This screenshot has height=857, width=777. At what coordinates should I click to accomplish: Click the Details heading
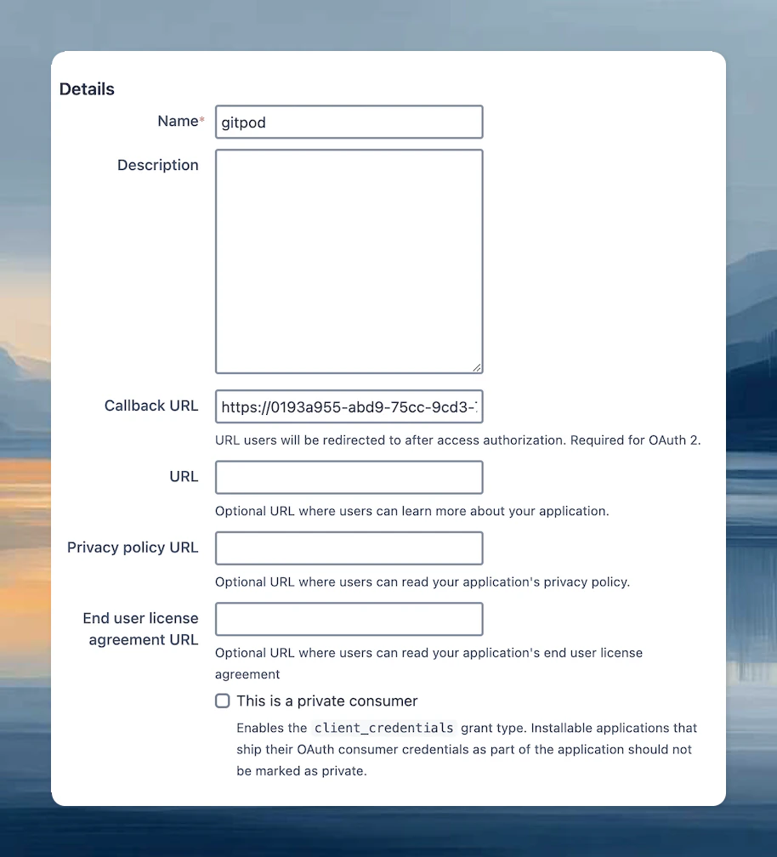[x=87, y=89]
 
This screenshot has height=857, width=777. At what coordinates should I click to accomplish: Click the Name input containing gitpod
[x=349, y=122]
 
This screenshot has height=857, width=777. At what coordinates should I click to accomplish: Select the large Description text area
[x=349, y=261]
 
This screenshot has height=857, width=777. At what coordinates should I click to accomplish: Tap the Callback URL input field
[x=349, y=407]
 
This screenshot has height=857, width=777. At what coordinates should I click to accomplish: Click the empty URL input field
[x=349, y=477]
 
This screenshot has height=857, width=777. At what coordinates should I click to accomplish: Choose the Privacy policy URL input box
[x=349, y=548]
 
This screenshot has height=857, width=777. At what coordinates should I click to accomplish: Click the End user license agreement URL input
[x=349, y=619]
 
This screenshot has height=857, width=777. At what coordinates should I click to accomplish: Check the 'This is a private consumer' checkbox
[x=223, y=701]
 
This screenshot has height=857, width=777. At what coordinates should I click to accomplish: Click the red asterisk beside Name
[x=201, y=122]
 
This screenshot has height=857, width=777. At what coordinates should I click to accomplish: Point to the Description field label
[x=157, y=165]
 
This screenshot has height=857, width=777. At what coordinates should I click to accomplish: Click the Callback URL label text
[x=151, y=406]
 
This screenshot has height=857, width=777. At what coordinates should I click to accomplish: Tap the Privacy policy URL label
[x=133, y=548]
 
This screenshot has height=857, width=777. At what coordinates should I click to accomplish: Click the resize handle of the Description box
[x=477, y=367]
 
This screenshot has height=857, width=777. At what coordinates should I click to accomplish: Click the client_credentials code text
[x=384, y=729]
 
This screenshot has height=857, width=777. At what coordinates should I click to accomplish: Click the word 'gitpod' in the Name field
[x=244, y=122]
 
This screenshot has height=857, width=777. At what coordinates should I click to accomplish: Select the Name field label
[x=178, y=122]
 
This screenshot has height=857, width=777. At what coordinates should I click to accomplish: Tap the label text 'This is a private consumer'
[x=327, y=701]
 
